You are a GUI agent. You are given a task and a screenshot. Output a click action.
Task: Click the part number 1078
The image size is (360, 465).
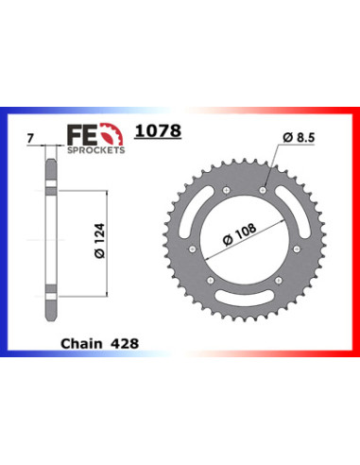click(x=158, y=130)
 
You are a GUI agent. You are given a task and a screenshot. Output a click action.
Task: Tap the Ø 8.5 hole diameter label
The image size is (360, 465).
click(x=299, y=137)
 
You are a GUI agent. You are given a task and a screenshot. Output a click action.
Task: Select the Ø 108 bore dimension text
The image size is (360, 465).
click(x=239, y=234)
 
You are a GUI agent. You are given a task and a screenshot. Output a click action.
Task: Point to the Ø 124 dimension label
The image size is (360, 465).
click(x=99, y=241)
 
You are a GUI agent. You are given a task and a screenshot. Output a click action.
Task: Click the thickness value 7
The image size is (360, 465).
click(x=30, y=139)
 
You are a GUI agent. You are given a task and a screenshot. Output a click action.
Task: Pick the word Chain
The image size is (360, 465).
click(x=81, y=344)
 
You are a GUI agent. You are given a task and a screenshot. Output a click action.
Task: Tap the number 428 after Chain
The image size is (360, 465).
click(x=125, y=344)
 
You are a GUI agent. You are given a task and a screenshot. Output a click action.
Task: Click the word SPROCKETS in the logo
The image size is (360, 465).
click(x=96, y=150)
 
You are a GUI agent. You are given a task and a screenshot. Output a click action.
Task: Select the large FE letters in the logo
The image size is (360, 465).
click(x=82, y=135)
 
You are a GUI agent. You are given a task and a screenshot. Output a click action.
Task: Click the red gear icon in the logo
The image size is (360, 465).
click(x=112, y=134)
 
